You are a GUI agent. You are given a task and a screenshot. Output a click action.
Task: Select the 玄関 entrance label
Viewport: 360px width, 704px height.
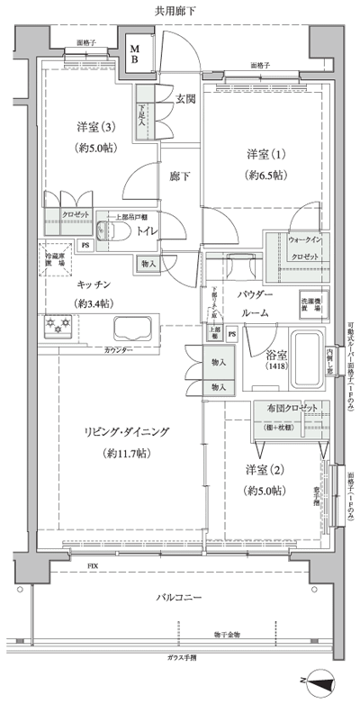(185, 98)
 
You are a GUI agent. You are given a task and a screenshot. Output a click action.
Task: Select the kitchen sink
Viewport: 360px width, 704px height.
(133, 326)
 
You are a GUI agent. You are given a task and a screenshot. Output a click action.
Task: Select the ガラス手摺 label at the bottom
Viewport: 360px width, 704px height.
(181, 657)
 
